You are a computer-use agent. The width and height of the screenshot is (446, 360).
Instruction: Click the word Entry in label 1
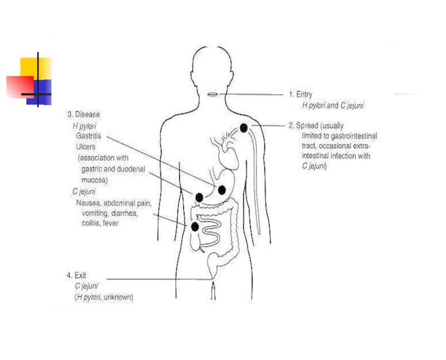click(x=304, y=95)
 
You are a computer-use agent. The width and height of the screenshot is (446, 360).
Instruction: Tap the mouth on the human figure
click(x=212, y=95)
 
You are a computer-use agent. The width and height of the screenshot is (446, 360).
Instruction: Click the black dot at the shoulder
click(x=244, y=128)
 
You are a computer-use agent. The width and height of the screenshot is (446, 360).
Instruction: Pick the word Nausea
click(x=90, y=203)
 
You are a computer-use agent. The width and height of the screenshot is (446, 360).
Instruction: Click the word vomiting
click(x=95, y=213)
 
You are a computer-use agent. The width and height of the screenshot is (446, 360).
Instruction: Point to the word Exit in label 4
click(x=80, y=275)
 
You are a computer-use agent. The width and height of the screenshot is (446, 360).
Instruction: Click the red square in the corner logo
click(x=18, y=86)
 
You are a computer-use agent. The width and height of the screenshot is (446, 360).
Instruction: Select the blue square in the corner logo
click(x=42, y=90)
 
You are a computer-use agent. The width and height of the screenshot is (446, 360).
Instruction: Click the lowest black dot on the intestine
click(x=195, y=227)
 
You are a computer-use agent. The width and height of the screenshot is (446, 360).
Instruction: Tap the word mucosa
click(x=94, y=180)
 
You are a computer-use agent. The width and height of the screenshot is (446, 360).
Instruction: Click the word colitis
click(x=91, y=223)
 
